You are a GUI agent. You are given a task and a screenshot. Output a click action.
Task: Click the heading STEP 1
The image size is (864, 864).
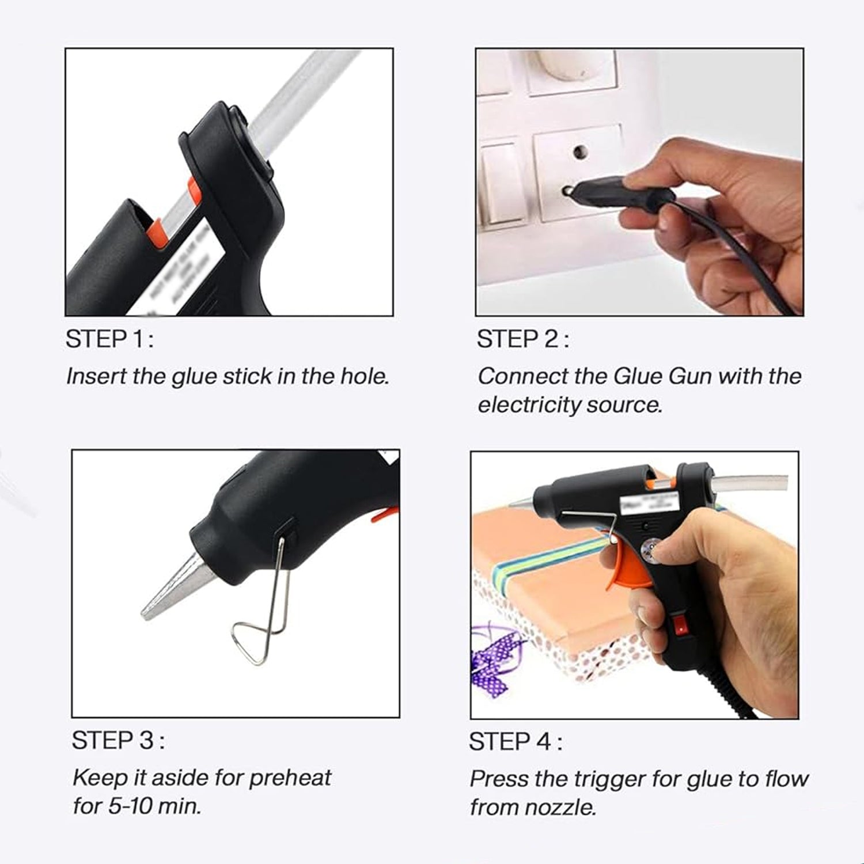[x=109, y=339]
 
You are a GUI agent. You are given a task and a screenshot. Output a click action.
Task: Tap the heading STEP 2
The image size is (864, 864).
[x=522, y=339]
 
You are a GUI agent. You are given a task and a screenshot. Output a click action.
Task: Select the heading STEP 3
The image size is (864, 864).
[x=118, y=741]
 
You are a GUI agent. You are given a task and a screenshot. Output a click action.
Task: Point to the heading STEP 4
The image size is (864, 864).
[x=515, y=742]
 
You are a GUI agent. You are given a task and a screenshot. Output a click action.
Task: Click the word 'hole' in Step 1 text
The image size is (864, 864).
[x=363, y=376]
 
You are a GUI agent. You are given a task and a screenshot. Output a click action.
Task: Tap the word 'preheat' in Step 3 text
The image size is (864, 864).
[x=290, y=778]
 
